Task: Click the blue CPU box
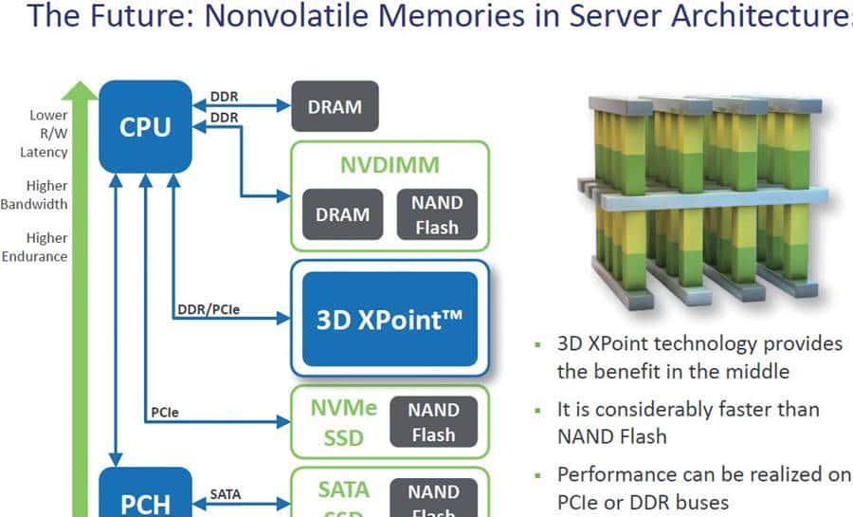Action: click(145, 127)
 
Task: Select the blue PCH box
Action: click(145, 501)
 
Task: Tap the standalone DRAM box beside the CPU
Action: click(335, 106)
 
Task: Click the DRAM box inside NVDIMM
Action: click(342, 214)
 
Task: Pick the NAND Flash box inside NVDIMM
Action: click(437, 214)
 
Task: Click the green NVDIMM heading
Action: click(390, 165)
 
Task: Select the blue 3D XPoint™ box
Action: click(390, 320)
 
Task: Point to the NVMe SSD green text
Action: click(343, 423)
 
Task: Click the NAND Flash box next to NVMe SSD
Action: click(433, 423)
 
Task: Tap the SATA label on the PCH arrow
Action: click(226, 493)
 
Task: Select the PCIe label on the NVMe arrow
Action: click(165, 413)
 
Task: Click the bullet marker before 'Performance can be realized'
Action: click(538, 474)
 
